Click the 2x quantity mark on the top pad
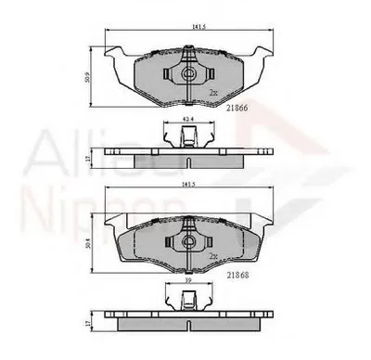pyautogui.click(x=213, y=94)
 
